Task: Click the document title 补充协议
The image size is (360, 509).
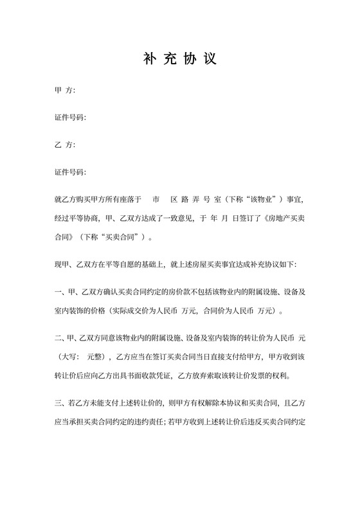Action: pyautogui.click(x=179, y=59)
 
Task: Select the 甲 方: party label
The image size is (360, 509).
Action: pyautogui.click(x=65, y=91)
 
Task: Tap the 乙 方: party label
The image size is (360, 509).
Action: pyautogui.click(x=65, y=145)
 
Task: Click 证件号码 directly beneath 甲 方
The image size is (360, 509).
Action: pyautogui.click(x=70, y=118)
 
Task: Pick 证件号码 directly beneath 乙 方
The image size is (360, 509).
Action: pyautogui.click(x=70, y=173)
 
